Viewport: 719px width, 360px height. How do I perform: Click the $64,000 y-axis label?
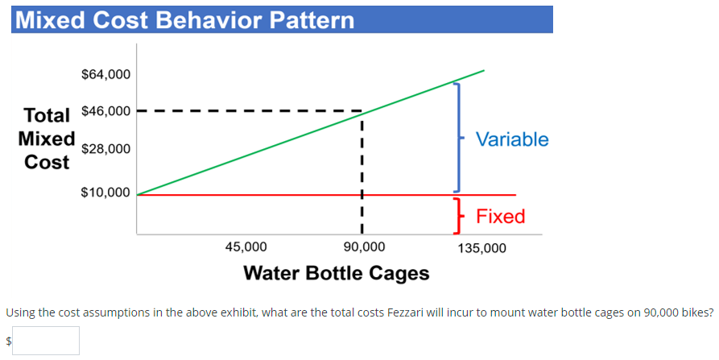tap(105, 75)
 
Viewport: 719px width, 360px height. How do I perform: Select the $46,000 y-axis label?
tap(105, 110)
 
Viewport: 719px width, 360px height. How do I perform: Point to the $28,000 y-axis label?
tap(105, 149)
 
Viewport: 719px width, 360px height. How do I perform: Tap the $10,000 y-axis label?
tap(105, 193)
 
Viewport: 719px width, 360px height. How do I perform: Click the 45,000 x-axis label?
tap(246, 247)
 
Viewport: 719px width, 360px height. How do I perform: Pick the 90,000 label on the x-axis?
tap(364, 247)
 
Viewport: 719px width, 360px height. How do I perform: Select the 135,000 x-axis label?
tap(481, 248)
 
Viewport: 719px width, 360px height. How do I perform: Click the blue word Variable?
tap(512, 139)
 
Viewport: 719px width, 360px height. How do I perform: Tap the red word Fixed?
tap(501, 216)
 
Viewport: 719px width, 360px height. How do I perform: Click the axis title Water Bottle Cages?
tap(336, 273)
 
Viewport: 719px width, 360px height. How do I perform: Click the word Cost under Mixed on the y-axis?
tap(47, 162)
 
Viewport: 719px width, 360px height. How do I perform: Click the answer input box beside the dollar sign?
tap(45, 341)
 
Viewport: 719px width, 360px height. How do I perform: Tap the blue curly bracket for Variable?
tap(458, 137)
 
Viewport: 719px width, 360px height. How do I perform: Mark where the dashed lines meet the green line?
tap(362, 112)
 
